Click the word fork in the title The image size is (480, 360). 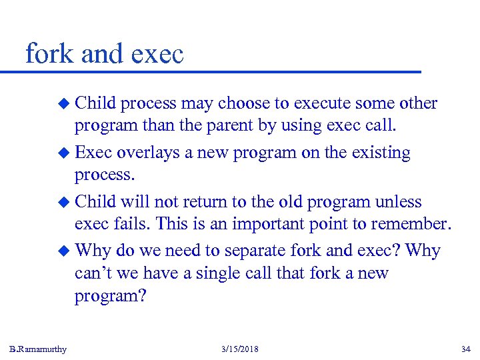[49, 53]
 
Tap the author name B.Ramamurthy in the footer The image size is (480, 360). [38, 349]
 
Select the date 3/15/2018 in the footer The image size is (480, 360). [239, 349]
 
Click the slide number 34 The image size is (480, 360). [465, 349]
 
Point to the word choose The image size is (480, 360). [245, 103]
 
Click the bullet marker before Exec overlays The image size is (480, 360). [64, 153]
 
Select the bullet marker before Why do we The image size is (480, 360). [64, 251]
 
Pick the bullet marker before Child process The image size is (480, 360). [64, 104]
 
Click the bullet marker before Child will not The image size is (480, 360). [64, 202]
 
